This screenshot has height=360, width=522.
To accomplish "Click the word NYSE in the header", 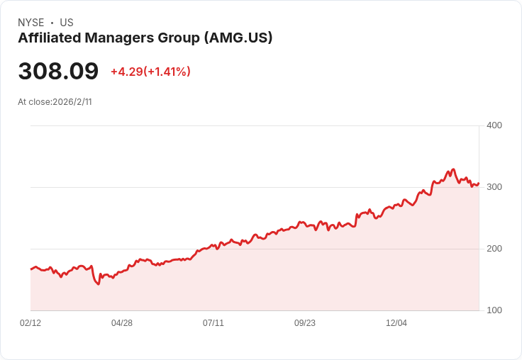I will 30,23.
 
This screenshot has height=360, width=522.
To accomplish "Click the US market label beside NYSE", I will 67,23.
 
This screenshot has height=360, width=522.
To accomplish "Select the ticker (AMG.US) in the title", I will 238,38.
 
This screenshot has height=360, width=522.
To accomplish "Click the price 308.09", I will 58,72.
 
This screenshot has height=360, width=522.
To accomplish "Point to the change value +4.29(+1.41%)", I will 150,72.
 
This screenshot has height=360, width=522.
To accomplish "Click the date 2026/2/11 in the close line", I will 72,102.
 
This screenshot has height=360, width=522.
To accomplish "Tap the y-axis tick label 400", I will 494,125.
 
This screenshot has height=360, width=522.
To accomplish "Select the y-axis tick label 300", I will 494,187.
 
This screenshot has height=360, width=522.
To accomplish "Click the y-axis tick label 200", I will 494,249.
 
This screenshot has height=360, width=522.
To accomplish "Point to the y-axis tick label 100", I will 494,310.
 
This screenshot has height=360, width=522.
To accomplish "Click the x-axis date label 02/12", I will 30,323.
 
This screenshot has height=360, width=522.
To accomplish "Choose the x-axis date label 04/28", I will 122,323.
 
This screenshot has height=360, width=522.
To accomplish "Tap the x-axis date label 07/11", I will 213,323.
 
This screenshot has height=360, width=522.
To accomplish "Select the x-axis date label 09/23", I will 305,323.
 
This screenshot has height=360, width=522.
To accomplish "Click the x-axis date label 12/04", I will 396,323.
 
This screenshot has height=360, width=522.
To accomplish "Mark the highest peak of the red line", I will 452,169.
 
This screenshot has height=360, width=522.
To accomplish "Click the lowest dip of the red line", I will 98,284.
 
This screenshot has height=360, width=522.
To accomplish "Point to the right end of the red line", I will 479,184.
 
